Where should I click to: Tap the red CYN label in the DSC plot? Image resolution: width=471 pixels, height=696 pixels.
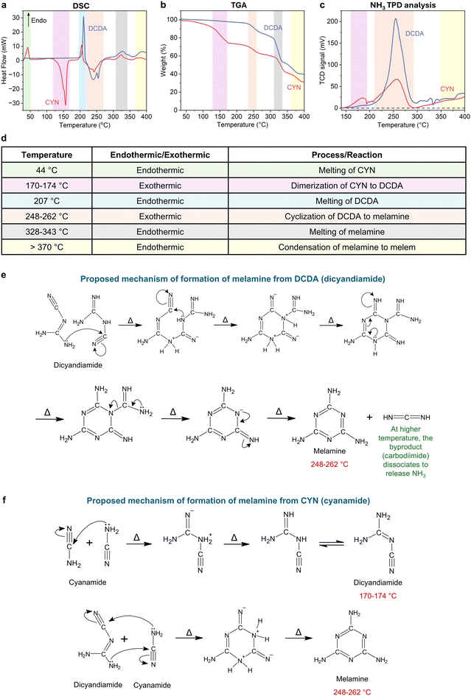(x=52, y=102)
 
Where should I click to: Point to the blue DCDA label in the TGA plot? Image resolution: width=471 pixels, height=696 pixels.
(x=273, y=27)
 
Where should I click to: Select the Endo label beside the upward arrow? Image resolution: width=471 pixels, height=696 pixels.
(x=38, y=21)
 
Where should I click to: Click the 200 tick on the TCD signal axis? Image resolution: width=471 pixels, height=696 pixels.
(x=333, y=21)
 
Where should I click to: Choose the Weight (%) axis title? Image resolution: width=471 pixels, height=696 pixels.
(x=164, y=60)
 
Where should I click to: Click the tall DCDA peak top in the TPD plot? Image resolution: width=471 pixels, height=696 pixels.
(x=395, y=18)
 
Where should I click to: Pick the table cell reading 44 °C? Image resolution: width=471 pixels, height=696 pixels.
(x=46, y=170)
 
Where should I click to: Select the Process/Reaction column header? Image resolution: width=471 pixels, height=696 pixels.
(x=347, y=155)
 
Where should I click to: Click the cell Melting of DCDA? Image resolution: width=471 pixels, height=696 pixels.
(x=347, y=201)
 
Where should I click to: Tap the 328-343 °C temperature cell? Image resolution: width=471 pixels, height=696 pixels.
(x=46, y=232)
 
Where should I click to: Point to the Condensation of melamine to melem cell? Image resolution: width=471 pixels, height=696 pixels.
(x=347, y=247)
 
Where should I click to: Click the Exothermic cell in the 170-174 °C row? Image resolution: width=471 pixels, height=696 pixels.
(x=160, y=186)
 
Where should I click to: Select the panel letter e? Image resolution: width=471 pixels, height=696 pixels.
(x=4, y=275)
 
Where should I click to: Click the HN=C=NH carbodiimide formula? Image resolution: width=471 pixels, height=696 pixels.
(x=406, y=418)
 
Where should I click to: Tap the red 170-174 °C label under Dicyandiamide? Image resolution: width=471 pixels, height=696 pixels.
(x=377, y=596)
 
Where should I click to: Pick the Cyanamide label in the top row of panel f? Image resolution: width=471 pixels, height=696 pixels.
(x=88, y=583)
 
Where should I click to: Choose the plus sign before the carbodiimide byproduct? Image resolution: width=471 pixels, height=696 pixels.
(x=370, y=418)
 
